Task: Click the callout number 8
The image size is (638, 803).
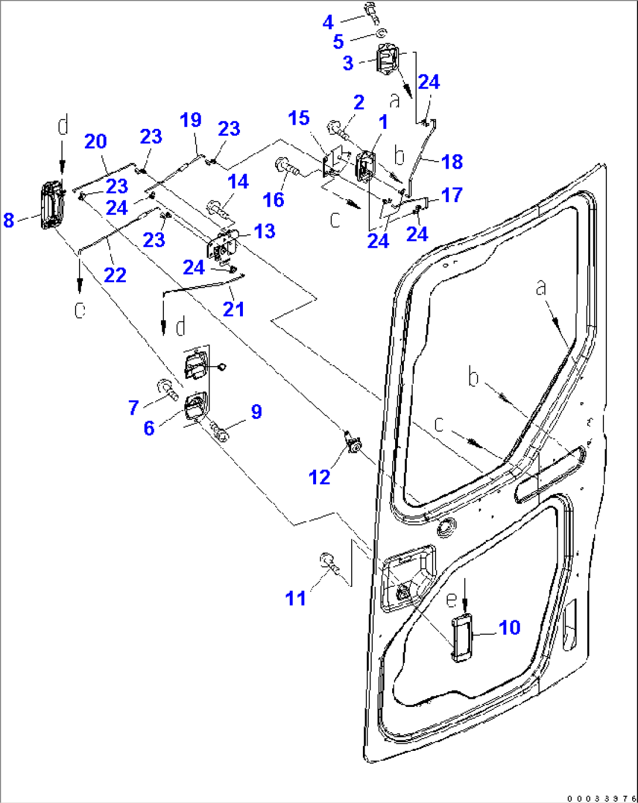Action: (8, 220)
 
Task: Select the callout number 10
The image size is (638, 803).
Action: (509, 627)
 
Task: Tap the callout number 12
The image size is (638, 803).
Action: (320, 477)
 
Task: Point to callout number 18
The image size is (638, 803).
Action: (452, 162)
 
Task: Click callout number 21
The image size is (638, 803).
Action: (234, 309)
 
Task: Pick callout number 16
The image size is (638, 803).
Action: (273, 199)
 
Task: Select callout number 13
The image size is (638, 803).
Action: (265, 231)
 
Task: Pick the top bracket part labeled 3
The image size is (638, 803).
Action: (387, 60)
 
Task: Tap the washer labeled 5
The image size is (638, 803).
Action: (382, 34)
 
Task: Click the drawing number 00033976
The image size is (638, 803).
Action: (601, 797)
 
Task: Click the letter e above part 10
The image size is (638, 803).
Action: (451, 599)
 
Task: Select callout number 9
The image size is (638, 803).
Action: (256, 411)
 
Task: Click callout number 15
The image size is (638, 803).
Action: (299, 118)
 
